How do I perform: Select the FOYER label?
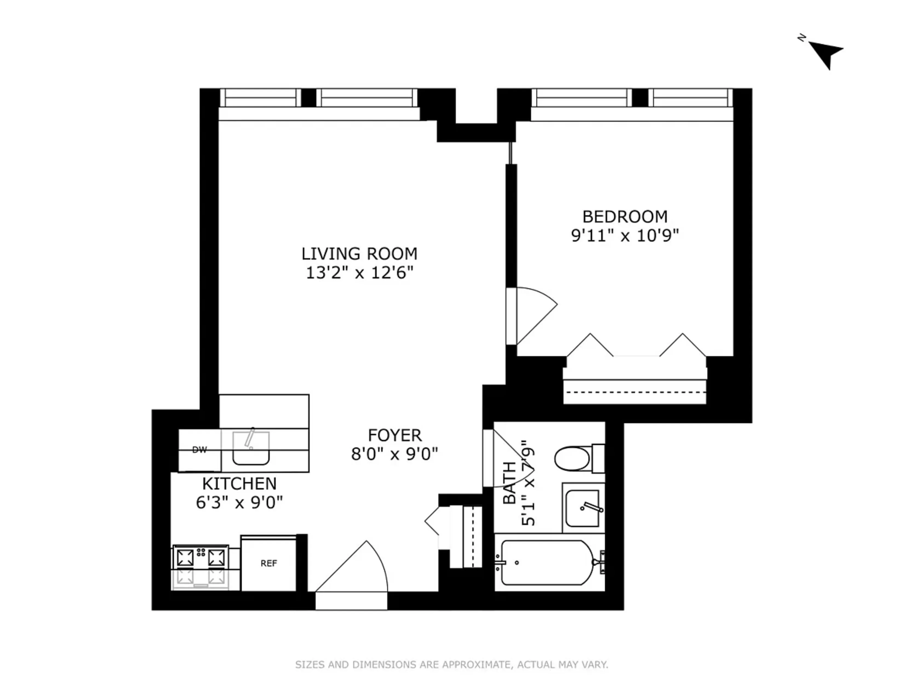(x=394, y=435)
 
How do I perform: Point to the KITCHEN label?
(x=239, y=484)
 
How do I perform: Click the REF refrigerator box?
(x=269, y=563)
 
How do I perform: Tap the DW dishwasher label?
(x=199, y=450)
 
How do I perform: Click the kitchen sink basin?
(x=251, y=448)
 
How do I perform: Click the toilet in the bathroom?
(x=573, y=458)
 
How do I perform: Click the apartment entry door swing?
(x=356, y=569)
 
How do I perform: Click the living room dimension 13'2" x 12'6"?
(x=359, y=273)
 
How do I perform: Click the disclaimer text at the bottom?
(x=451, y=665)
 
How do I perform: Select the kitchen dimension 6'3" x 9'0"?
(x=239, y=503)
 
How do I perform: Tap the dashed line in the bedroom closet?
(x=635, y=392)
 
